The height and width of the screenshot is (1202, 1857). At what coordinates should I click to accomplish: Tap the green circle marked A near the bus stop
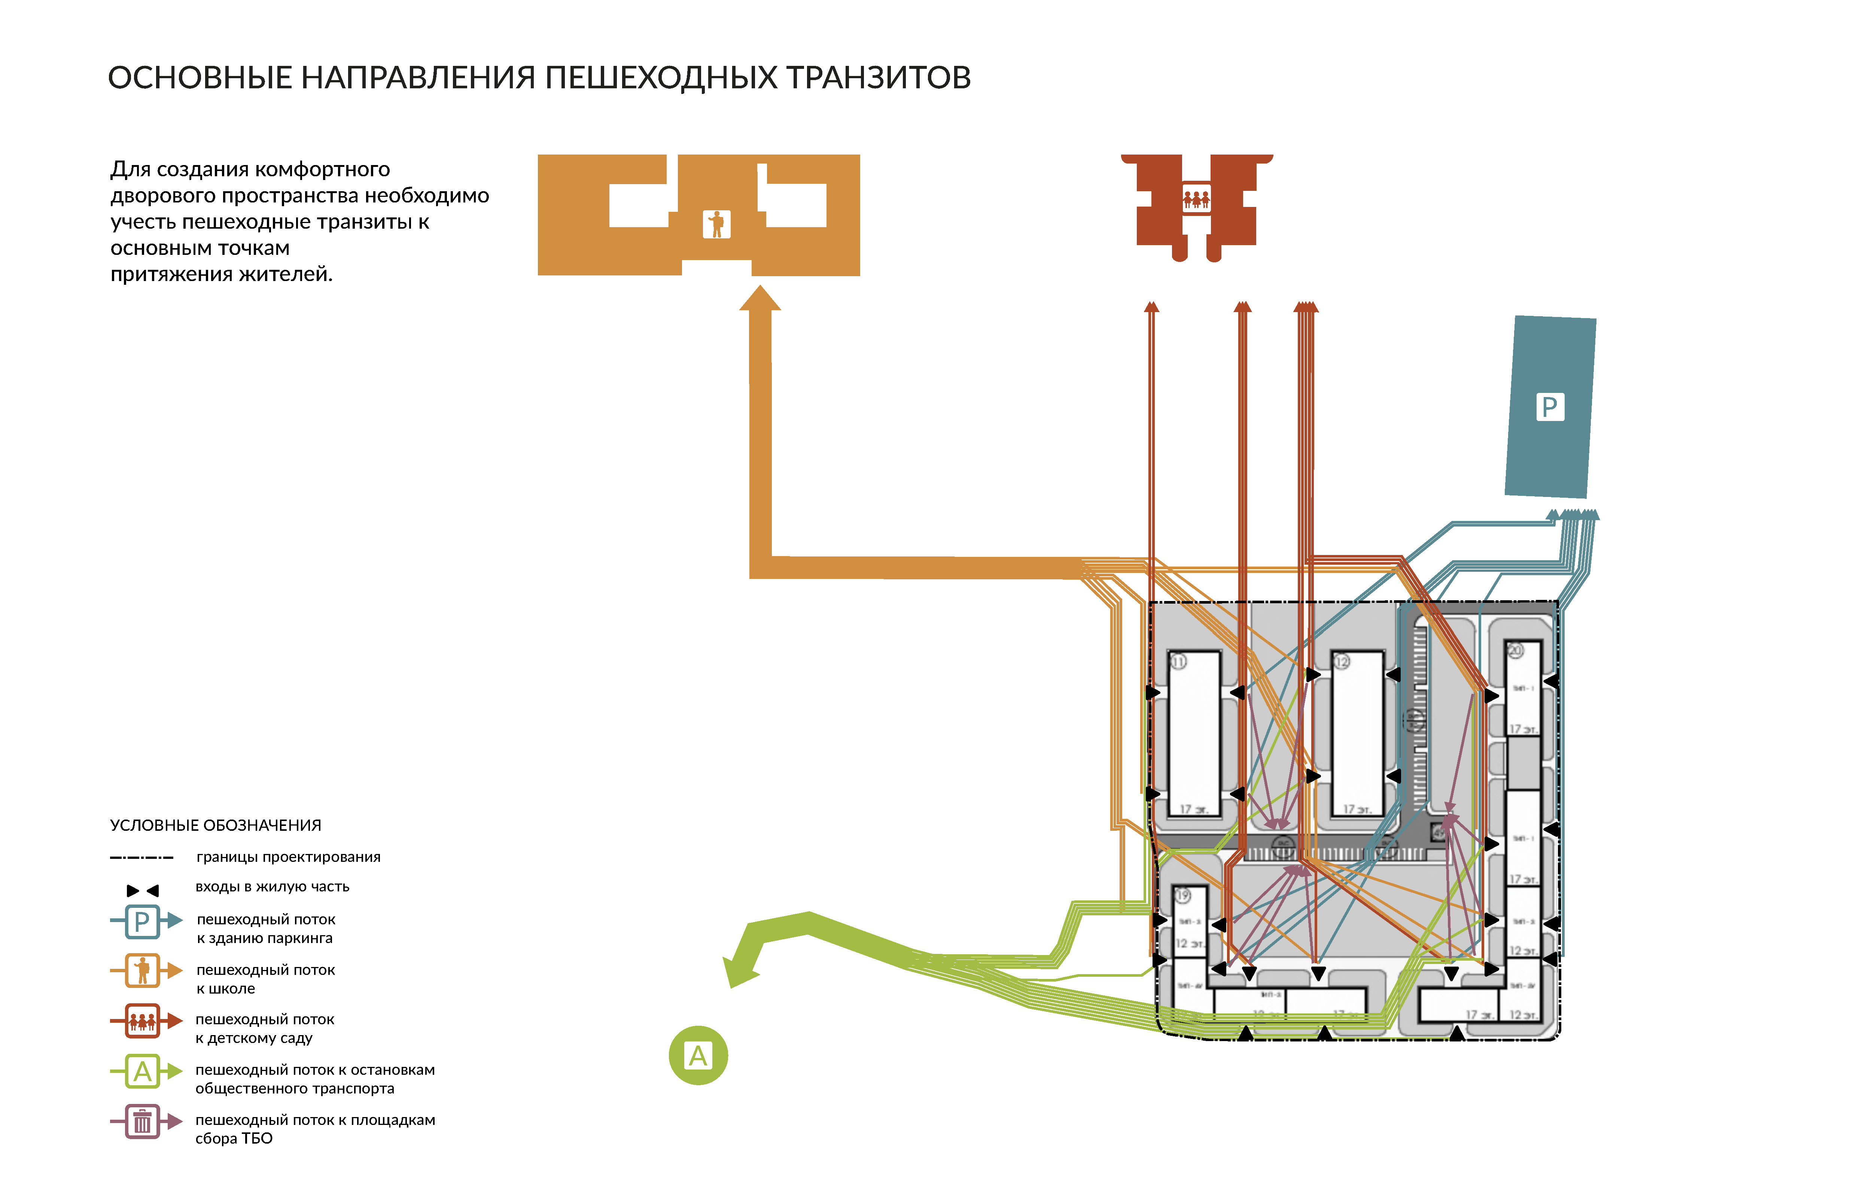point(698,1055)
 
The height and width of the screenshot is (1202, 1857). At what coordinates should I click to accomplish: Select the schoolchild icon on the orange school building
point(716,224)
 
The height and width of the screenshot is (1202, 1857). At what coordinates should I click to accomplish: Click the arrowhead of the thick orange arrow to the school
point(760,299)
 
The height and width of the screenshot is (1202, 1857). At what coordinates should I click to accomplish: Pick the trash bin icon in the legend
point(142,1122)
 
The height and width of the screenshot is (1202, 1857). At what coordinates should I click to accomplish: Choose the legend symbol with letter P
point(142,921)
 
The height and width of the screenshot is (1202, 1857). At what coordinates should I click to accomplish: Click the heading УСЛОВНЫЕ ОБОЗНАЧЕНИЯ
point(215,825)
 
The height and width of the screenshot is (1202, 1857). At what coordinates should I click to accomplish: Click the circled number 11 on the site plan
point(1178,662)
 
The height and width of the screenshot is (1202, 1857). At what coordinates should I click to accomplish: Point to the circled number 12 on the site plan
point(1341,662)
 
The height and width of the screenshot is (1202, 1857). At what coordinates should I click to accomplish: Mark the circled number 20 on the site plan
point(1514,650)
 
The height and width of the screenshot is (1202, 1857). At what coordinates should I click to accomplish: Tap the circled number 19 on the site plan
point(1183,896)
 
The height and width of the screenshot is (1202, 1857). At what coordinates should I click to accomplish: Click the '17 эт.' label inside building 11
point(1194,809)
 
